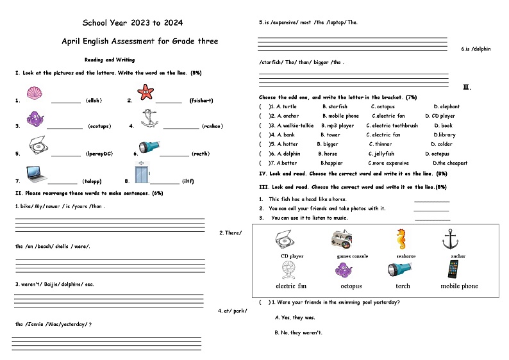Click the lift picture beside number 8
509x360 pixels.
pyautogui.click(x=140, y=173)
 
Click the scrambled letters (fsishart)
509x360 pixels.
pyautogui.click(x=201, y=101)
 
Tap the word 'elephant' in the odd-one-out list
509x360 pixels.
pyautogui.click(x=446, y=107)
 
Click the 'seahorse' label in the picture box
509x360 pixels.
pyautogui.click(x=405, y=256)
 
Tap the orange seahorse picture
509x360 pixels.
pyautogui.click(x=401, y=239)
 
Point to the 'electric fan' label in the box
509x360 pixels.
pyautogui.click(x=291, y=286)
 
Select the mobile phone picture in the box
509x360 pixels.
pyautogui.click(x=453, y=269)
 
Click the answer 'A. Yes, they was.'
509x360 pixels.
pyautogui.click(x=295, y=318)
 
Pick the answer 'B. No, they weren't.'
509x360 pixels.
pyautogui.click(x=298, y=333)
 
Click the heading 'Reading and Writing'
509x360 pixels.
pyautogui.click(x=110, y=60)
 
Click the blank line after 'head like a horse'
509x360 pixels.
pyautogui.click(x=431, y=201)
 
